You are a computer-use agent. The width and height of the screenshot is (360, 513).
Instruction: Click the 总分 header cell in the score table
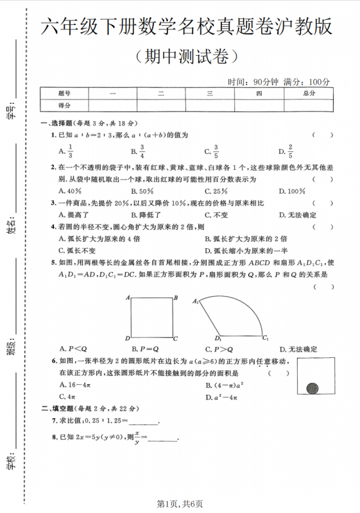click(x=309, y=94)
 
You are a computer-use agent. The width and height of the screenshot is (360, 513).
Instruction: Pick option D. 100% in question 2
click(x=291, y=190)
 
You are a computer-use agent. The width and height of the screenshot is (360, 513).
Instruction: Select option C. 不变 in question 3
click(x=216, y=215)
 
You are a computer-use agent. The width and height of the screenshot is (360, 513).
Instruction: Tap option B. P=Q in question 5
click(x=144, y=349)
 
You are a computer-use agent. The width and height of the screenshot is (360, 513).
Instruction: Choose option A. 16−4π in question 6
click(x=76, y=385)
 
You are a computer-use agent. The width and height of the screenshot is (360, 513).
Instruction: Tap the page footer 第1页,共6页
click(x=180, y=504)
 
